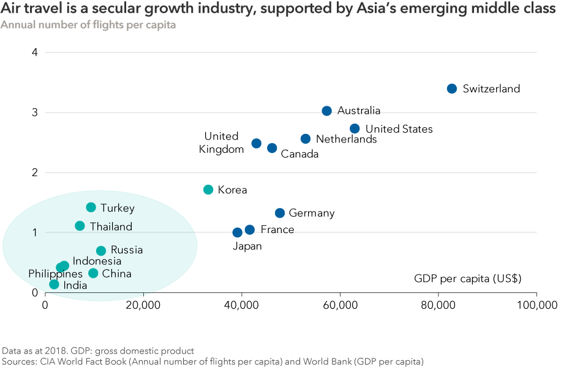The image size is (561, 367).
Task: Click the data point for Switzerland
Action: coord(452,89)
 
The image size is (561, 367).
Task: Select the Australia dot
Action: coord(326,111)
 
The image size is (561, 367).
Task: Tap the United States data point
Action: coord(355,128)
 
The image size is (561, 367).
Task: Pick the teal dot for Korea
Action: coord(208,190)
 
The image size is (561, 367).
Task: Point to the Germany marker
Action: coord(280,213)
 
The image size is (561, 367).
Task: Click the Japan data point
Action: coord(238,232)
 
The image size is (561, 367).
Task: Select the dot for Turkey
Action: coord(91,207)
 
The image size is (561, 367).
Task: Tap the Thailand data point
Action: coord(80,226)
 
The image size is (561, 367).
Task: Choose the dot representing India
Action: coord(54,284)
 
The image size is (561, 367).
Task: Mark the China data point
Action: coord(93,273)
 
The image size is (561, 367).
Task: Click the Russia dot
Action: coord(101,251)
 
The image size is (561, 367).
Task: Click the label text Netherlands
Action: coord(346,139)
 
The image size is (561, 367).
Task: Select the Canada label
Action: coord(299,154)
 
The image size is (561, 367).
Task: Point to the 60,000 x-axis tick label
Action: coord(340,304)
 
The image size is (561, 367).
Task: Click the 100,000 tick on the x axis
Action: coord(535,304)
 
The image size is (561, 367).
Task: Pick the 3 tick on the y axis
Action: coord(35,113)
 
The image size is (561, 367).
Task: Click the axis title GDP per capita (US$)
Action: coord(467,279)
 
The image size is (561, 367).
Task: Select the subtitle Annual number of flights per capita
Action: coord(88,25)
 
